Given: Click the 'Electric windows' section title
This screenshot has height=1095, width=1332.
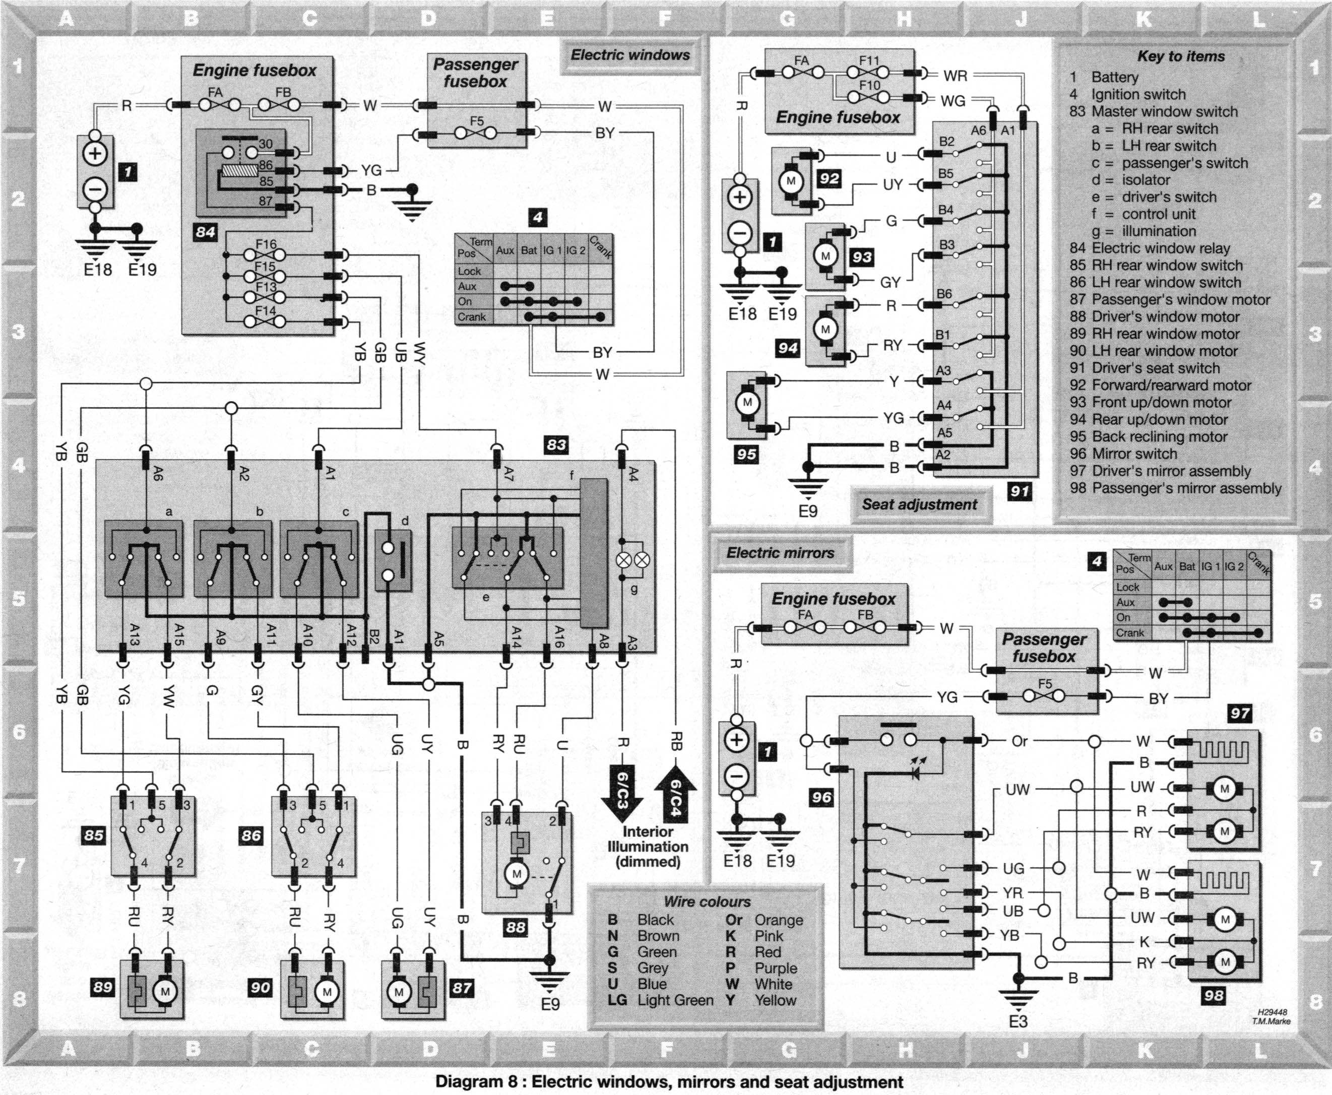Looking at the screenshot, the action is pos(630,55).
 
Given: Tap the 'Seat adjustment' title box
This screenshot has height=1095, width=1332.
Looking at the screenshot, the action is pos(920,504).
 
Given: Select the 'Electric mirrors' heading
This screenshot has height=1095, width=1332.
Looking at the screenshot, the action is pos(780,553).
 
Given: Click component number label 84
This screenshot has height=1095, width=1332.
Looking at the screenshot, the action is pos(206,232).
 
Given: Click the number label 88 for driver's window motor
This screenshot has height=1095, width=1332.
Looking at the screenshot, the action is pos(516,927).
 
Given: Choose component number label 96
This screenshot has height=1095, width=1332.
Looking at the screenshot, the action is pos(822,797).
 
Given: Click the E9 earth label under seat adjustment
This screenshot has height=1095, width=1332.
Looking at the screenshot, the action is pos(808,511).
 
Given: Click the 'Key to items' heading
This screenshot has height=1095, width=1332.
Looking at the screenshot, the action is pos(1181,56).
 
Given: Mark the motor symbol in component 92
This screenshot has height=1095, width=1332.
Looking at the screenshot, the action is pos(791,181).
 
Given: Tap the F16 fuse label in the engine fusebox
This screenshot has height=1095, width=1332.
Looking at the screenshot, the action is pos(266,244).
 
